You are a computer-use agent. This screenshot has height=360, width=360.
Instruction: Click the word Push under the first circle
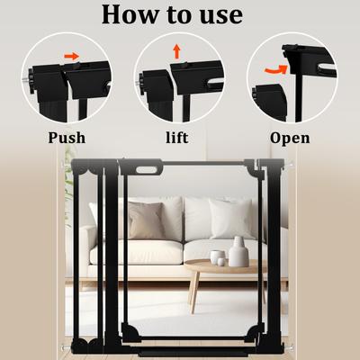(67, 138)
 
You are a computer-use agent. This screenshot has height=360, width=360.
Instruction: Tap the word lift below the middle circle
(178, 138)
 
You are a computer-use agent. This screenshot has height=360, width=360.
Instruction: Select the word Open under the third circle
(290, 138)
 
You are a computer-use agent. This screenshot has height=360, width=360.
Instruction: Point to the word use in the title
(216, 16)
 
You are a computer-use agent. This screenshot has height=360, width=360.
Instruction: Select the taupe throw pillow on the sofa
(145, 220)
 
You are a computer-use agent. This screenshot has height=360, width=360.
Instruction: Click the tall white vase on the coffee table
(238, 253)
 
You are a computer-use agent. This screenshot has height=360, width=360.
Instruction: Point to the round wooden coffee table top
(220, 266)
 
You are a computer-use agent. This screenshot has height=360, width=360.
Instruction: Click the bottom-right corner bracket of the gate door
(253, 339)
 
